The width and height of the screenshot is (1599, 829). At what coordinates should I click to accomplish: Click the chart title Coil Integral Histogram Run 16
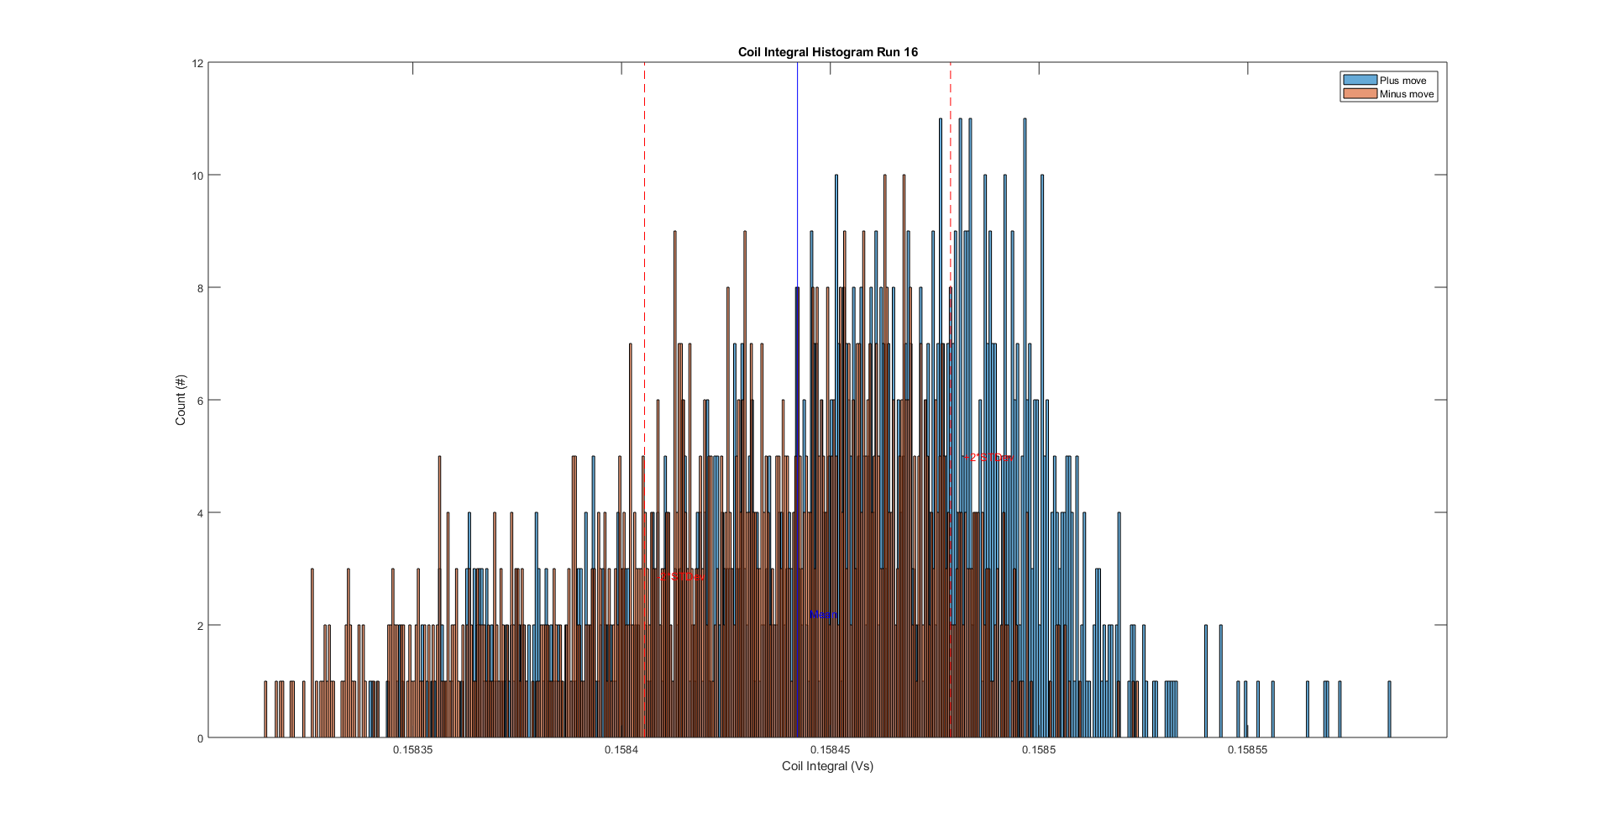pos(827,52)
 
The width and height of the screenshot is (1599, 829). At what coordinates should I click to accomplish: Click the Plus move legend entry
pos(1402,81)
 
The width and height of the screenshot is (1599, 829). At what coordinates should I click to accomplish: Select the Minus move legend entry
pos(1406,94)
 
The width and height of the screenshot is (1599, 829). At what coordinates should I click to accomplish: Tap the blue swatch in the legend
pos(1360,81)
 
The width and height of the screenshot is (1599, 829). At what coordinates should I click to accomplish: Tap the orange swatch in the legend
pos(1360,94)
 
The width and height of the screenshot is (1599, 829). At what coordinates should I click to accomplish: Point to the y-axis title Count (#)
pos(181,400)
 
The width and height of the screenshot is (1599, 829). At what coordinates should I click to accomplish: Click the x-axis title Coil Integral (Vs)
pos(827,766)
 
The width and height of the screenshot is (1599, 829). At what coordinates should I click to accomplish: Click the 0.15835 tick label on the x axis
pos(413,750)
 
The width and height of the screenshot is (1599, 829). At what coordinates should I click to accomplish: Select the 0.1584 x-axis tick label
pos(621,750)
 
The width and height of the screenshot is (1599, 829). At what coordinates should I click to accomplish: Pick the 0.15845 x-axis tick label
pos(830,750)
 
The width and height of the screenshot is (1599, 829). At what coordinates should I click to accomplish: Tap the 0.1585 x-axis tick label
pos(1039,750)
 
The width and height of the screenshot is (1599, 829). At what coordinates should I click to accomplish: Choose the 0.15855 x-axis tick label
pos(1247,750)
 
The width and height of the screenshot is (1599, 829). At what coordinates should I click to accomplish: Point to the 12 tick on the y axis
pos(198,63)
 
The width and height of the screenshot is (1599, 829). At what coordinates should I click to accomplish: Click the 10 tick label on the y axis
pos(198,176)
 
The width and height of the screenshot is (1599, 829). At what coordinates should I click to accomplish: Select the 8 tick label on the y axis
pos(200,288)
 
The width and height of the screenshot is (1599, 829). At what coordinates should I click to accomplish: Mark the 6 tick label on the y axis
pos(200,401)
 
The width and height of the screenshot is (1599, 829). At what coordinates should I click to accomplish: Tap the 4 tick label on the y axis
pos(200,513)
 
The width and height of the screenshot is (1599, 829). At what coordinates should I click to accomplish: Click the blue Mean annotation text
pos(824,615)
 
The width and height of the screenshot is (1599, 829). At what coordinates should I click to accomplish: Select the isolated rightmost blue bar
pos(1389,710)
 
